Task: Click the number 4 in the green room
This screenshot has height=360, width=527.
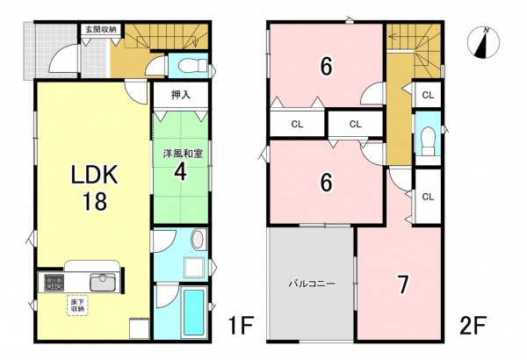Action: point(179,171)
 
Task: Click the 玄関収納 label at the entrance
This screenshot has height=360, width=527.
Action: point(101,30)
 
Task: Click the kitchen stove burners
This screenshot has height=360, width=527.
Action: point(52,283)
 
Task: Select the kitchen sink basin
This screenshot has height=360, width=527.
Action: point(102,283)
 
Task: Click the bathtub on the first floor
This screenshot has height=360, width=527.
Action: point(193,312)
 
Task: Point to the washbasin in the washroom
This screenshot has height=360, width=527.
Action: point(198,240)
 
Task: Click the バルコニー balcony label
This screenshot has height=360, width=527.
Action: point(311,284)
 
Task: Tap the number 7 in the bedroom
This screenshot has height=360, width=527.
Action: point(403,284)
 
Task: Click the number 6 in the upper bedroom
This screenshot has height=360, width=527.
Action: point(325,66)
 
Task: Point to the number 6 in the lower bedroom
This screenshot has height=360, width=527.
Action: point(325,182)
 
